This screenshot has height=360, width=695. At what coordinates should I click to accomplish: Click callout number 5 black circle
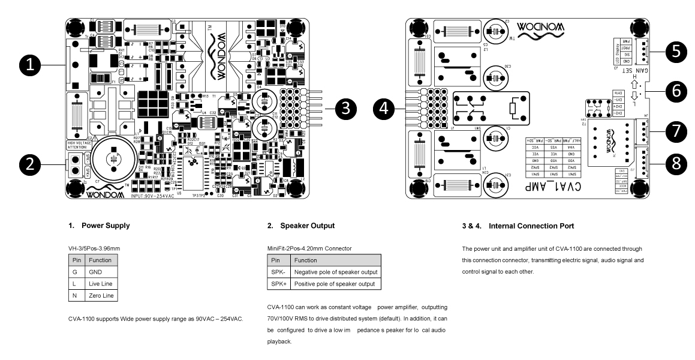676,52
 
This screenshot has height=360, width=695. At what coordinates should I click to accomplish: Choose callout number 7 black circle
676,130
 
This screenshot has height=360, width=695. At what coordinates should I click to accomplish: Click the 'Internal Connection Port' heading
523,226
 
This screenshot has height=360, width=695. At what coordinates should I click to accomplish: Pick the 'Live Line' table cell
100,283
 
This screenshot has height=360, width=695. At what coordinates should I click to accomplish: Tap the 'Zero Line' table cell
100,294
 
